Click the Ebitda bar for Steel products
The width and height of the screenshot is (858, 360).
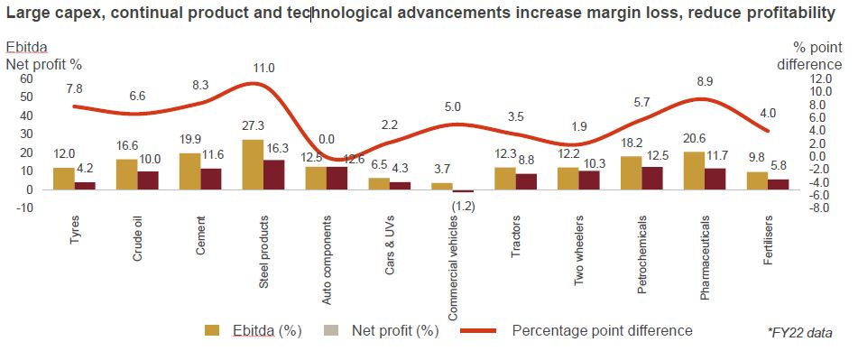tap(254, 164)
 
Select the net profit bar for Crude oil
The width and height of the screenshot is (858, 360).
tap(148, 180)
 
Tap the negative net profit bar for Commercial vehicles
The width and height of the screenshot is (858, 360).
tap(463, 191)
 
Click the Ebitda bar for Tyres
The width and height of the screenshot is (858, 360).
tap(64, 179)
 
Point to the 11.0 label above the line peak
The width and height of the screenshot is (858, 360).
tap(264, 68)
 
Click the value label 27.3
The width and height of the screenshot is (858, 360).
tap(253, 126)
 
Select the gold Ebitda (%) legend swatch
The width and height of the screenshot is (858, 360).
tap(213, 330)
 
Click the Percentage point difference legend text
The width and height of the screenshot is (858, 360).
tap(602, 330)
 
